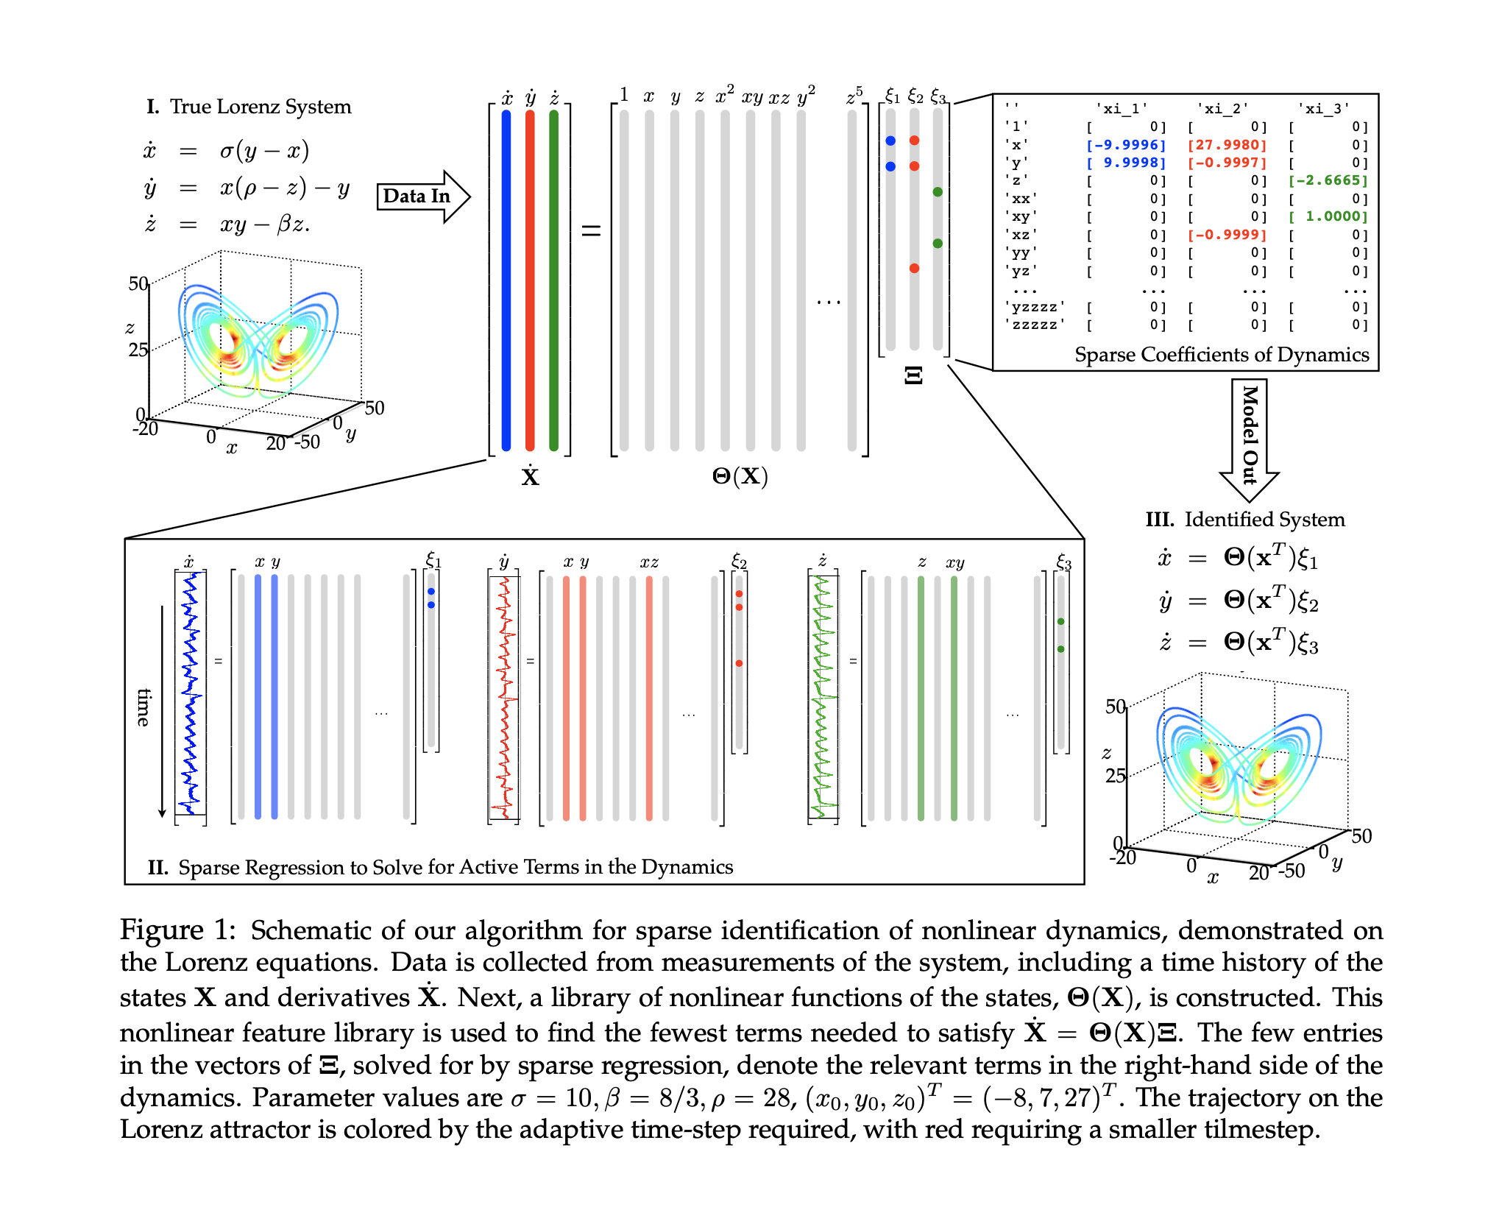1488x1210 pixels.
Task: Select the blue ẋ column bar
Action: point(506,280)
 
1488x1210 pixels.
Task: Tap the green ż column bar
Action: point(553,280)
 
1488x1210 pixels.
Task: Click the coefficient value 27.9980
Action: point(1227,145)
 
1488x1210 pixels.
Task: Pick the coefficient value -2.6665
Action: point(1328,180)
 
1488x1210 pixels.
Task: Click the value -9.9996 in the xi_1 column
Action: point(1127,145)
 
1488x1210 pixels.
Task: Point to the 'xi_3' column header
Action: point(1323,109)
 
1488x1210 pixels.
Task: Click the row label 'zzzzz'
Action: point(1035,325)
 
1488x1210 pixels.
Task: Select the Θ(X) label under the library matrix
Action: point(740,477)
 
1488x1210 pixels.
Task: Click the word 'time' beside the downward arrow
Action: point(144,707)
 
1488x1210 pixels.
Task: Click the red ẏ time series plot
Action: point(505,696)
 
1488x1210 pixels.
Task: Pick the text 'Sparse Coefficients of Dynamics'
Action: point(1222,355)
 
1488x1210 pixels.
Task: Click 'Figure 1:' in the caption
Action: point(177,930)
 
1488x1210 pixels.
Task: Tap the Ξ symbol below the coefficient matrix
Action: point(913,375)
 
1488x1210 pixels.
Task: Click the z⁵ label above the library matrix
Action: point(854,96)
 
